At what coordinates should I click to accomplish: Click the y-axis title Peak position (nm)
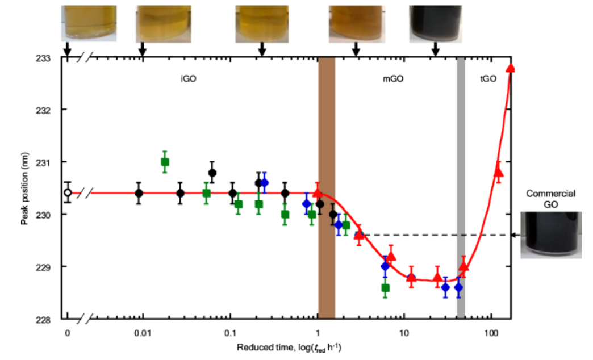point(25,188)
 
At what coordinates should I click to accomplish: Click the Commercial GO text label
point(550,199)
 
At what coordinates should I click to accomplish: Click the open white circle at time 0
point(68,192)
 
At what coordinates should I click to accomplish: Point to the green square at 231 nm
point(165,162)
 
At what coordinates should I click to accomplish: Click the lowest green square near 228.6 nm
point(385,287)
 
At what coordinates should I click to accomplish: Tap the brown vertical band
point(327,187)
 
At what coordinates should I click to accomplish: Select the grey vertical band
point(461,187)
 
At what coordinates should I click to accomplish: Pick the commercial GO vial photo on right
point(550,235)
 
